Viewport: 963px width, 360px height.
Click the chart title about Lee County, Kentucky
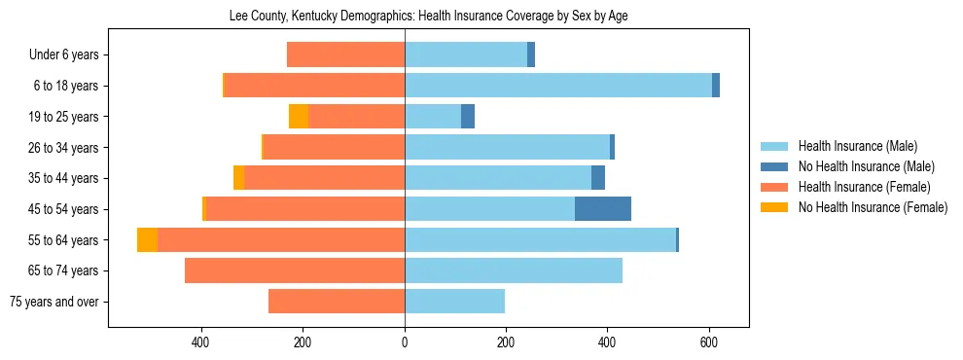[x=428, y=17]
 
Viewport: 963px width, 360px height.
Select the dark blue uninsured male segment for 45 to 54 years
[x=602, y=209]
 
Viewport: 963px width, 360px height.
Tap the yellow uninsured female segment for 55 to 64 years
[x=147, y=240]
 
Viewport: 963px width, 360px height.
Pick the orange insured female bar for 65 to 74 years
[x=295, y=270]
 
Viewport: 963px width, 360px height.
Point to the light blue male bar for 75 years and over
[x=454, y=302]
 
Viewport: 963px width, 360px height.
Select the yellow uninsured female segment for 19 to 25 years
[x=299, y=117]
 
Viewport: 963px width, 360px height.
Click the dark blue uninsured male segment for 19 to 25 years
[x=468, y=117]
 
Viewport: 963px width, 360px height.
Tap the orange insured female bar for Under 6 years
[x=345, y=55]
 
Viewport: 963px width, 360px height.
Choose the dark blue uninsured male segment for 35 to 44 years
[x=598, y=178]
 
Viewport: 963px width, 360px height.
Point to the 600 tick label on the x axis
[x=709, y=342]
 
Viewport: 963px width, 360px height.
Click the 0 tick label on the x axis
[x=405, y=342]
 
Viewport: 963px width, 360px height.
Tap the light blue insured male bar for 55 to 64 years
[x=540, y=240]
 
